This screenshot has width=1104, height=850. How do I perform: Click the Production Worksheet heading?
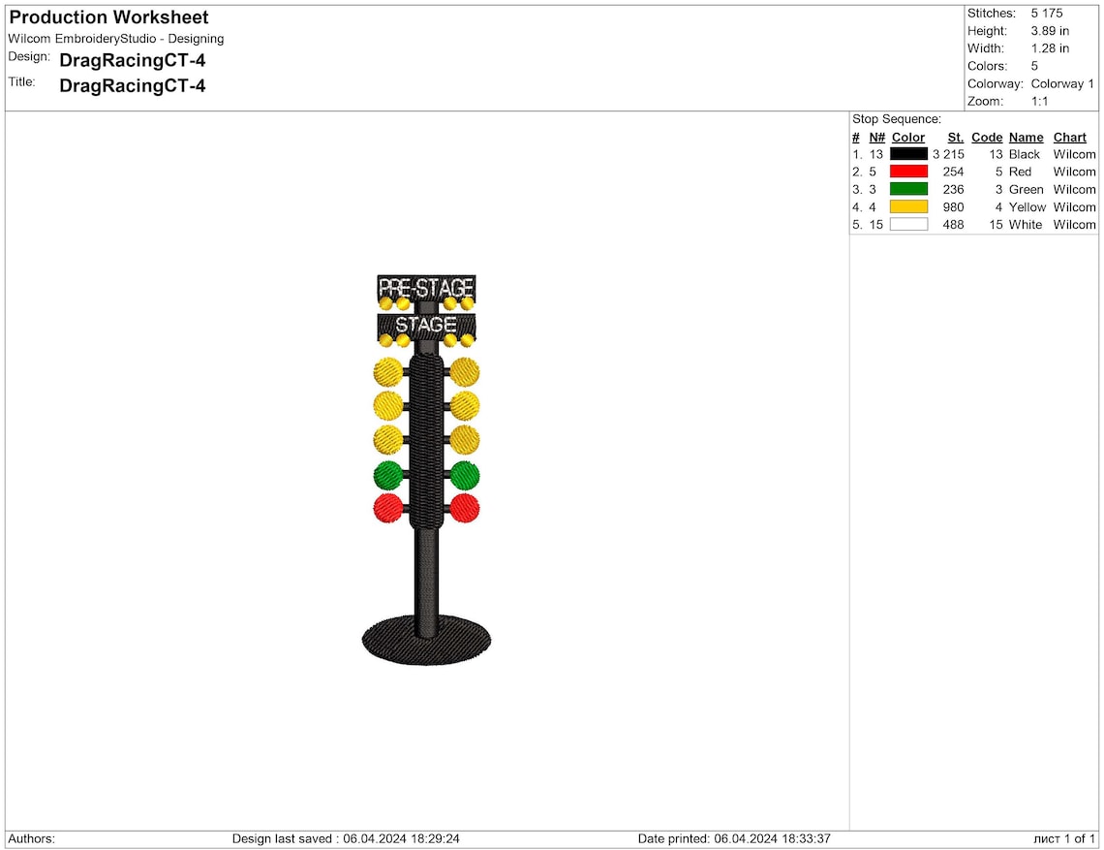point(109,16)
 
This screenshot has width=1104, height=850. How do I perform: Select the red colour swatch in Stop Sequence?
point(908,172)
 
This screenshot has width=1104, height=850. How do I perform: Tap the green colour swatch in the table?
point(908,189)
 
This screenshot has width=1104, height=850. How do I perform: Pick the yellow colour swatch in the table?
point(908,206)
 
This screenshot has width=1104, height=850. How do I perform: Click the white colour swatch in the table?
point(908,224)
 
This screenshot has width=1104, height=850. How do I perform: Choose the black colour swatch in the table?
point(908,154)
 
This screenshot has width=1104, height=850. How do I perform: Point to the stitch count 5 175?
point(1047,14)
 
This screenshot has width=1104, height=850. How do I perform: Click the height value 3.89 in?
point(1050,31)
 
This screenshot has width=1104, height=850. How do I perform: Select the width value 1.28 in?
point(1050,48)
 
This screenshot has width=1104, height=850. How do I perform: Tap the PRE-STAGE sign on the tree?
point(426,287)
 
